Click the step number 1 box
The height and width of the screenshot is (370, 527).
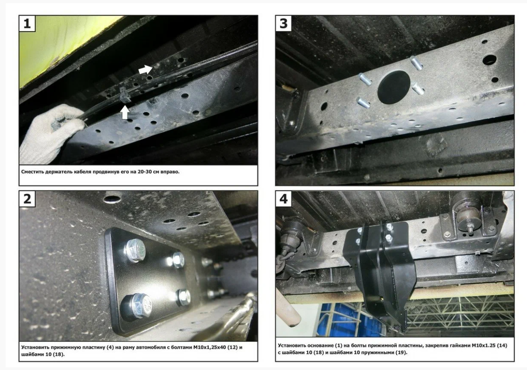coord(27,24)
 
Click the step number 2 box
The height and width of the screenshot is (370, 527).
coord(27,199)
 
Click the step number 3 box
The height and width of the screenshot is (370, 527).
coord(284,24)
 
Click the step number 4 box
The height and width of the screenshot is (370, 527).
coord(284,199)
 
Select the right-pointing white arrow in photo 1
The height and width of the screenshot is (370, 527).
coord(145,69)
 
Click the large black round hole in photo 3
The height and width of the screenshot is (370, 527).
coord(393,87)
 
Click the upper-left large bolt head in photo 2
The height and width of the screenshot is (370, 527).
coord(134,250)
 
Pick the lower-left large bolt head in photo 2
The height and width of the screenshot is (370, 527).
coord(136,305)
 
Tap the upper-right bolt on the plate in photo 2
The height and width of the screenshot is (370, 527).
coord(178,260)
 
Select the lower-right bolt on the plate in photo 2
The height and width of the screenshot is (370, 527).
coord(182,297)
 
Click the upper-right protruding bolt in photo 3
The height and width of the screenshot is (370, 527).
coord(416,62)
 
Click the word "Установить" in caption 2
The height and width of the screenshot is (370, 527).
coord(38,347)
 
